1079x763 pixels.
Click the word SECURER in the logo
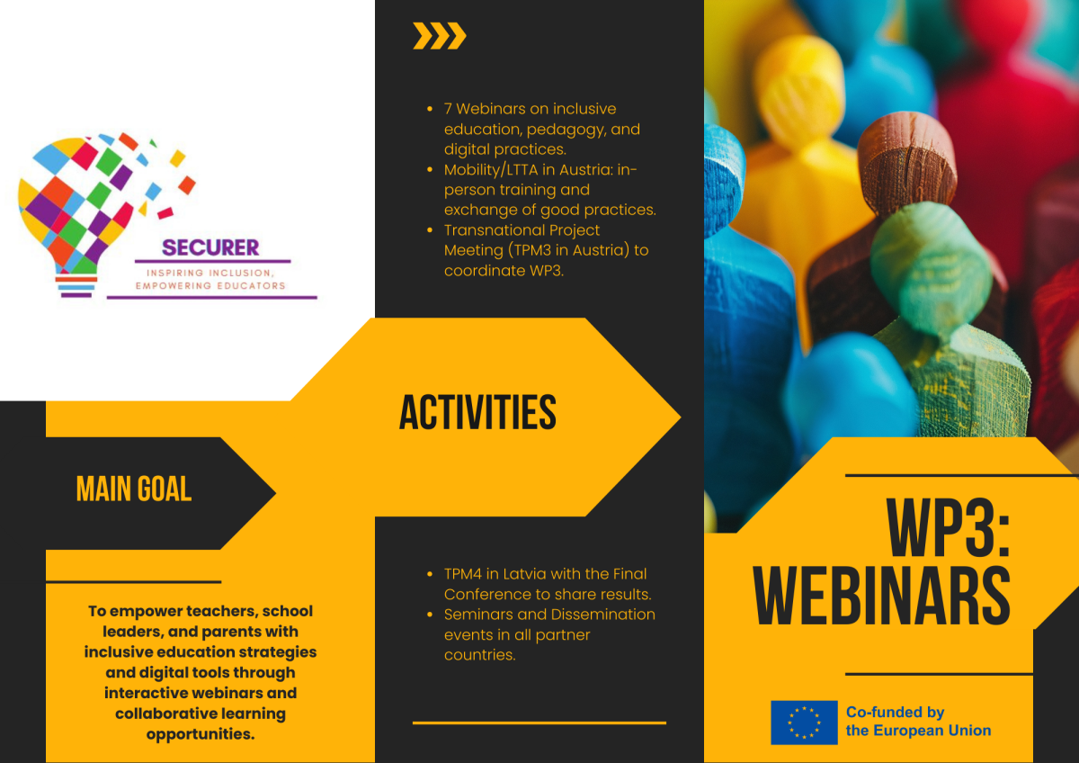[210, 247]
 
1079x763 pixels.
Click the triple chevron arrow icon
[440, 36]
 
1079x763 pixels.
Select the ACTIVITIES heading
[477, 412]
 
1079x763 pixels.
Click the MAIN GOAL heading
[134, 489]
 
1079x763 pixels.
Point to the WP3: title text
[948, 528]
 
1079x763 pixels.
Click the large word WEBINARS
[881, 596]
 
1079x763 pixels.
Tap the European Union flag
[804, 722]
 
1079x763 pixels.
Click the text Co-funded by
[895, 712]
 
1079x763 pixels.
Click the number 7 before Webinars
[448, 109]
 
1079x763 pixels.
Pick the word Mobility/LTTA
[491, 170]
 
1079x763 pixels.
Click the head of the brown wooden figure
[906, 159]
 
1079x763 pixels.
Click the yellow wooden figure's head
[799, 92]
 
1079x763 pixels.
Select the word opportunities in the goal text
[201, 734]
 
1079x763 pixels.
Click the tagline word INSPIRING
[174, 273]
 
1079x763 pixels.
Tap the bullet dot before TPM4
[430, 574]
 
